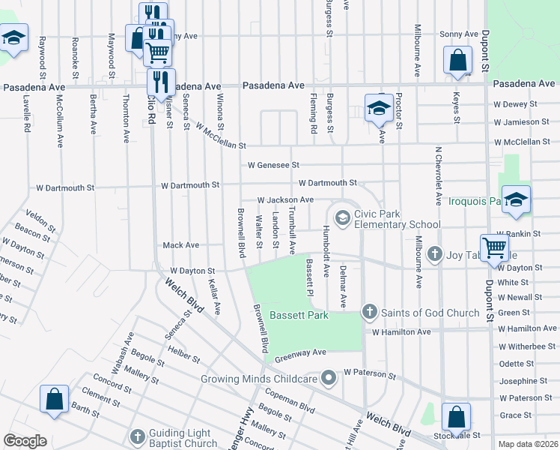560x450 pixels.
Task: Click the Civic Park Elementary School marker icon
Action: (x=343, y=218)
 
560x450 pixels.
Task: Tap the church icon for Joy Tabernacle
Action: (x=434, y=255)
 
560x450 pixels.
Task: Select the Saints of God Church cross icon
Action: (x=368, y=311)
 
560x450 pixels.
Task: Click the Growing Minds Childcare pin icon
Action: (x=328, y=378)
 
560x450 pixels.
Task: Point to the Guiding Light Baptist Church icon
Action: (x=137, y=436)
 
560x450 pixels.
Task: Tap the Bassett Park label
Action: (x=299, y=316)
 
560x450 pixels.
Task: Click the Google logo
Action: (x=25, y=441)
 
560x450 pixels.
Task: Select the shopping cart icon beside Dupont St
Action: (x=494, y=247)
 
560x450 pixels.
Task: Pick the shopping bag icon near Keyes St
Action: (x=457, y=60)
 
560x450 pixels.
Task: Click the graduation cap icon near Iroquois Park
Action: (x=516, y=199)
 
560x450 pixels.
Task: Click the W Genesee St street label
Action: (x=274, y=165)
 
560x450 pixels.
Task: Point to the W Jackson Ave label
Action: (x=285, y=200)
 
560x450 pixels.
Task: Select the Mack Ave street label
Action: (x=181, y=245)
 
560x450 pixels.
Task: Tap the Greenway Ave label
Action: (x=300, y=352)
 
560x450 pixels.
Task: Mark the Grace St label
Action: (x=515, y=415)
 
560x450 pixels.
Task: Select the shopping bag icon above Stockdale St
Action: (x=456, y=416)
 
